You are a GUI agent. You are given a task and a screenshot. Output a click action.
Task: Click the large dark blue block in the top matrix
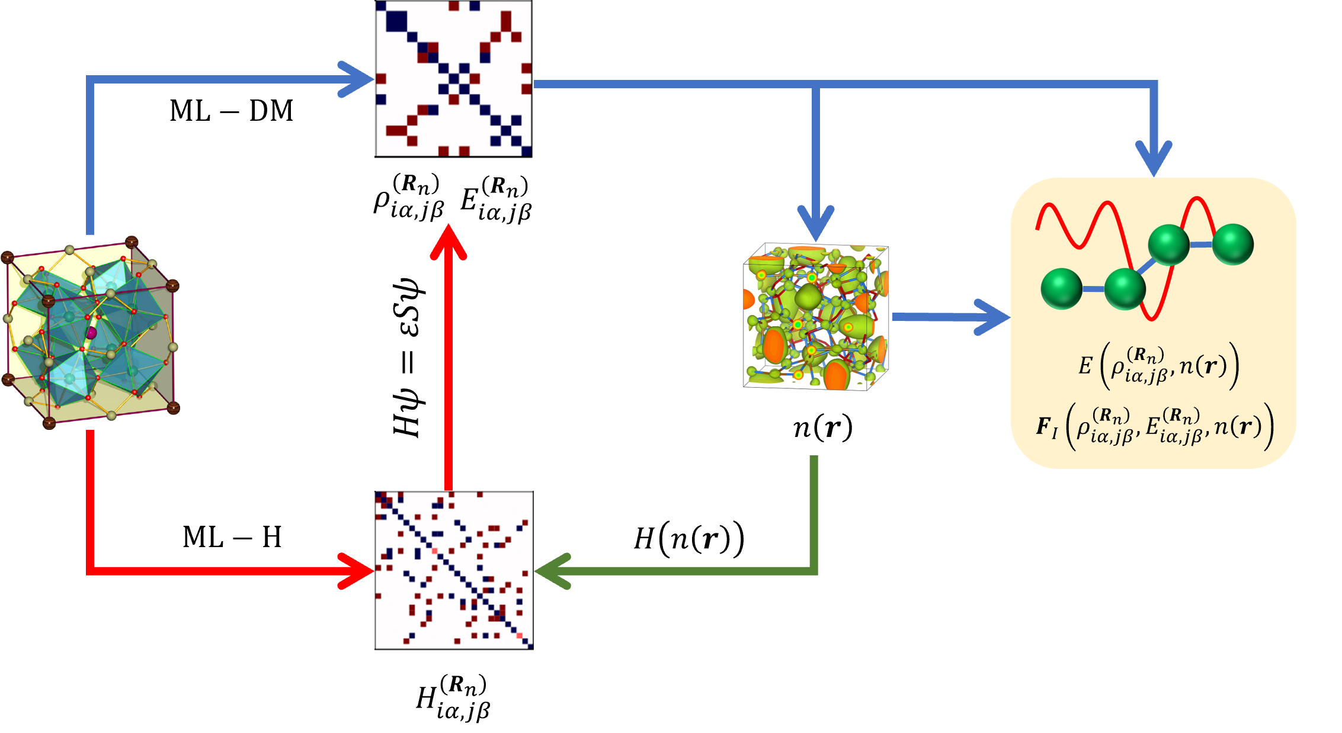point(396,21)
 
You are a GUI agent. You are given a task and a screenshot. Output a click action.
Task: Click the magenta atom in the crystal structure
point(91,333)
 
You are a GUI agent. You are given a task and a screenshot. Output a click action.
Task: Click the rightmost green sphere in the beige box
point(1233,244)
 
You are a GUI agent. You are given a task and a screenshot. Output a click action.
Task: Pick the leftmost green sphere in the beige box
point(1061,288)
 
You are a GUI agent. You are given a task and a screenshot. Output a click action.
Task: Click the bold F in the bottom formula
point(1045,426)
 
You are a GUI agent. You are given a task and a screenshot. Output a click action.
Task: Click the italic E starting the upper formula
point(1084,366)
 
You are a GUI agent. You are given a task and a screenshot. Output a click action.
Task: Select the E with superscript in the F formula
point(1152,426)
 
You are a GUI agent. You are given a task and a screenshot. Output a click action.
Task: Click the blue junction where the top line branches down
point(816,85)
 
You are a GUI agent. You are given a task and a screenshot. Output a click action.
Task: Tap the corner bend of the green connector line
point(813,571)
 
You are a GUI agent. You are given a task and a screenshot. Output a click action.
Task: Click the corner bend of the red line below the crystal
point(91,571)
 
